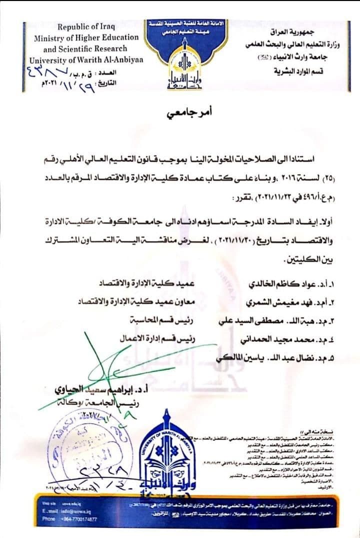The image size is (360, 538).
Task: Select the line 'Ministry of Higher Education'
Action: (86, 37)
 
